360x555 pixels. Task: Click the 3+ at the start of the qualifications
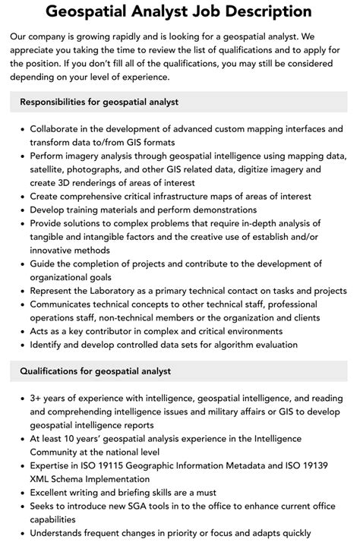pyautogui.click(x=36, y=399)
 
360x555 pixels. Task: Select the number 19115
pyautogui.click(x=121, y=466)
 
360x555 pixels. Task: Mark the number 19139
pyautogui.click(x=324, y=466)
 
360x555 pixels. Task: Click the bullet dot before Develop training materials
pyautogui.click(x=21, y=210)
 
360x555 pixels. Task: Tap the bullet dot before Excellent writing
pyautogui.click(x=21, y=494)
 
